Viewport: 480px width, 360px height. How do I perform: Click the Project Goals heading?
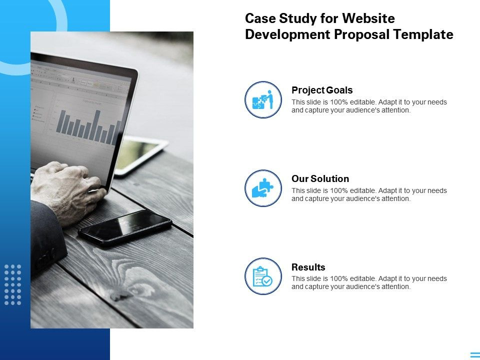322,90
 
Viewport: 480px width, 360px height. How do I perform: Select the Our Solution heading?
320,178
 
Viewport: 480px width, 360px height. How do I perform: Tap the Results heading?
308,267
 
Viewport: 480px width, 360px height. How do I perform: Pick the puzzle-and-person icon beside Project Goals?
263,99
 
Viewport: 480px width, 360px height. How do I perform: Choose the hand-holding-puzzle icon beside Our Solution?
263,188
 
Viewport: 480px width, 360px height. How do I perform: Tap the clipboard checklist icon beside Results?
263,276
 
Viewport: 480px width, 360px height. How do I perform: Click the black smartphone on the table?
125,228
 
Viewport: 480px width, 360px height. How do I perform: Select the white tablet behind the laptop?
141,155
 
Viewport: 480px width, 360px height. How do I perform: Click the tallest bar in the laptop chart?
97,125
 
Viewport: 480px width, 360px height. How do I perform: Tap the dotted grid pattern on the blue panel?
13,284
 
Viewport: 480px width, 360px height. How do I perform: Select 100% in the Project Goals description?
339,102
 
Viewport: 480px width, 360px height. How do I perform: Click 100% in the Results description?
339,279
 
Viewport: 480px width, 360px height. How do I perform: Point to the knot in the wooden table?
120,295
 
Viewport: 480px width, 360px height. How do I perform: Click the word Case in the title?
260,18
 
